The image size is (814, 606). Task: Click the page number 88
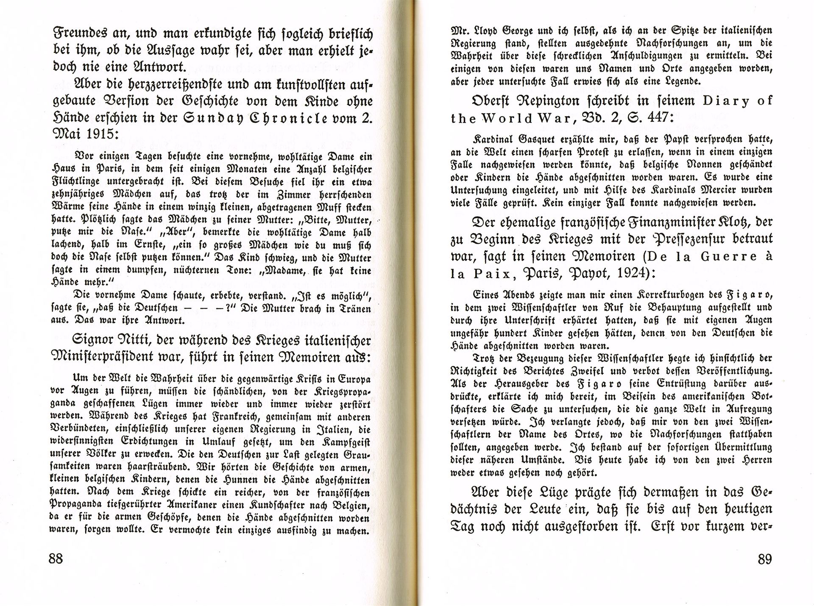point(56,559)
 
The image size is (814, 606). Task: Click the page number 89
point(764,559)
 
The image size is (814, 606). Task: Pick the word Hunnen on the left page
point(250,481)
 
